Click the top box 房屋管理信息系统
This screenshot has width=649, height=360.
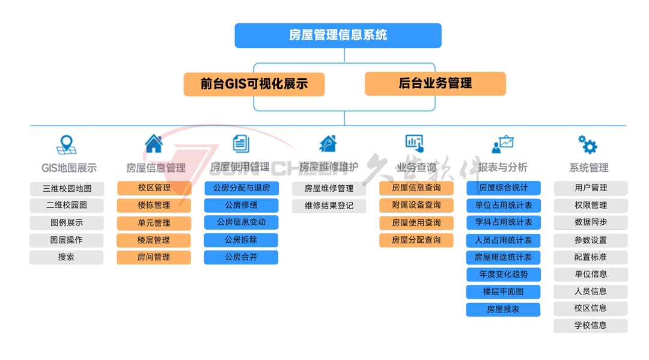pyautogui.click(x=338, y=35)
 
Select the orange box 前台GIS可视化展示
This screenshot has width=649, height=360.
pyautogui.click(x=254, y=84)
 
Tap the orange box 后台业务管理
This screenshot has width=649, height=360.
pyautogui.click(x=435, y=84)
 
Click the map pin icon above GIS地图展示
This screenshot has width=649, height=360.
pyautogui.click(x=66, y=145)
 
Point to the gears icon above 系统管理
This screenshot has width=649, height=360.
pyautogui.click(x=588, y=144)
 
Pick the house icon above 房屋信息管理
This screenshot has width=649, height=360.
pyautogui.click(x=154, y=144)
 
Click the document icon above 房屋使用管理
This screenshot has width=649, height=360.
pyautogui.click(x=241, y=144)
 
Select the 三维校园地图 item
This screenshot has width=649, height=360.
pyautogui.click(x=67, y=189)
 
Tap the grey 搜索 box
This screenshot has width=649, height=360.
pyautogui.click(x=66, y=257)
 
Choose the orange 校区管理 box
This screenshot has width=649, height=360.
pyautogui.click(x=154, y=188)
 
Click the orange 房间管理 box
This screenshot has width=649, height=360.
pyautogui.click(x=154, y=257)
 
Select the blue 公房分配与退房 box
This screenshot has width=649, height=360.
pyautogui.click(x=242, y=188)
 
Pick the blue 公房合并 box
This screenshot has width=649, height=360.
pyautogui.click(x=242, y=257)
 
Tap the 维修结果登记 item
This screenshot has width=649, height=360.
pyautogui.click(x=329, y=206)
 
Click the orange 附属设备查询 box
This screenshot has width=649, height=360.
pyautogui.click(x=416, y=205)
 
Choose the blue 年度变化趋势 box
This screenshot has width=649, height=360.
pyautogui.click(x=504, y=274)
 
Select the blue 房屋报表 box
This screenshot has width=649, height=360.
pyautogui.click(x=504, y=309)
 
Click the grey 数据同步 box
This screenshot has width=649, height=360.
pyautogui.click(x=591, y=222)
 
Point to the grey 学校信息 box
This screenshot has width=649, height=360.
pyautogui.click(x=591, y=326)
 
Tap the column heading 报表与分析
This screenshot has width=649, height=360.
pyautogui.click(x=503, y=167)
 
